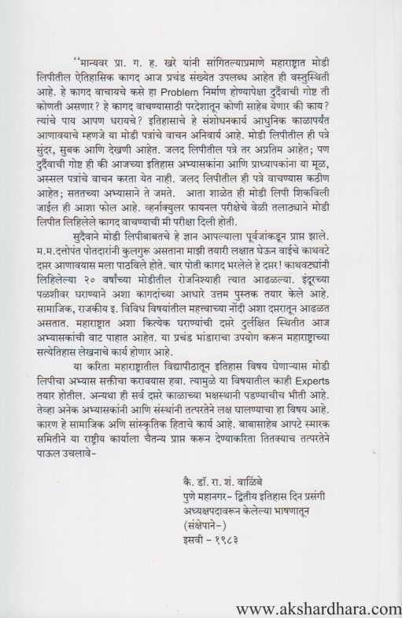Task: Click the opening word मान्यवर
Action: (98, 60)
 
